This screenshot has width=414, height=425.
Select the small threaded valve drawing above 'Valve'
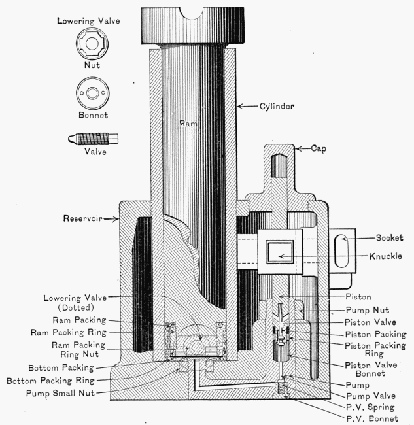pyautogui.click(x=92, y=139)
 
